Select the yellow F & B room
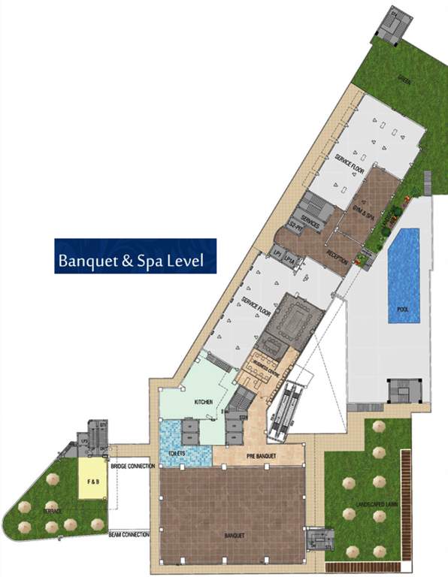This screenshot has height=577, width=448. (x=92, y=480)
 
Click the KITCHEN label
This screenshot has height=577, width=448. (x=204, y=403)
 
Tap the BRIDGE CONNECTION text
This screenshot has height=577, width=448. (x=132, y=467)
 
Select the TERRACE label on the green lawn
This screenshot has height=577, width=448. (x=53, y=511)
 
